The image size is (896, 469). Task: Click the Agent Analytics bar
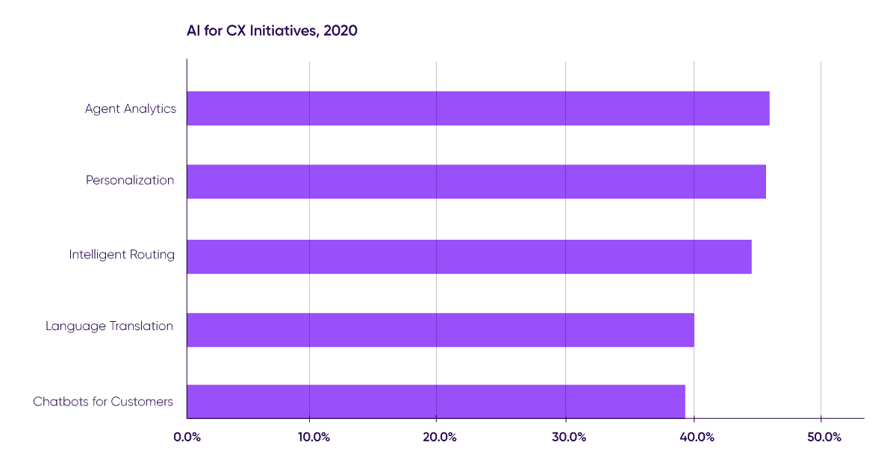[x=478, y=108]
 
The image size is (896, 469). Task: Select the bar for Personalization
[x=476, y=181]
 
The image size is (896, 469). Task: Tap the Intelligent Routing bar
[x=469, y=256]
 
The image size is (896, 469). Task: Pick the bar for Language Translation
[x=441, y=330]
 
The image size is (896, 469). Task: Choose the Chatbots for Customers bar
[x=436, y=401]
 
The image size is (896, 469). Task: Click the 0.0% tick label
[x=187, y=437]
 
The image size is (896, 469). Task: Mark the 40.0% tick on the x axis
[x=694, y=437]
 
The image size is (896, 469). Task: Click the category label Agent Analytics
[x=130, y=109]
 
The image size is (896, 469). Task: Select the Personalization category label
[x=130, y=181]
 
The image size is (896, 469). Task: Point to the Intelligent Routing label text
[x=122, y=255]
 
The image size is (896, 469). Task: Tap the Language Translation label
[x=109, y=326]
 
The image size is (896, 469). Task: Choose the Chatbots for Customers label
[x=103, y=402]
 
